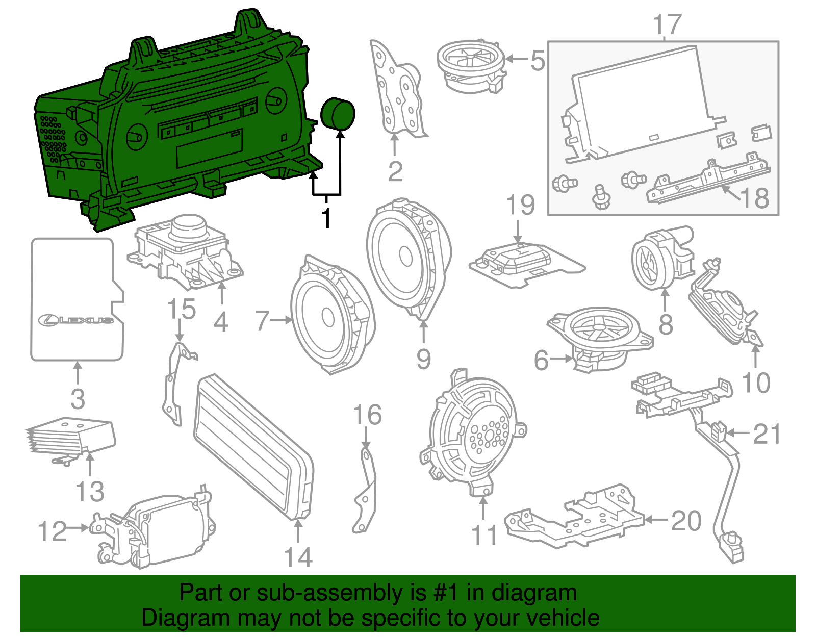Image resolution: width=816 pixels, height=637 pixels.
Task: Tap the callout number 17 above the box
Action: point(667,24)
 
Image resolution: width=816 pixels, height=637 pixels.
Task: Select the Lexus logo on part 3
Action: point(76,320)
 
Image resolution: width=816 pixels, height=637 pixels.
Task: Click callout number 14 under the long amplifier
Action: point(298,557)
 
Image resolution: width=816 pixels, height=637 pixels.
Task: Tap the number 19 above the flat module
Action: point(520,205)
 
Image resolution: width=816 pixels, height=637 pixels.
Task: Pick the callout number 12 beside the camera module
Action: point(53,531)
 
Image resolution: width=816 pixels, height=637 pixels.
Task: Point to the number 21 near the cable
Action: point(767,434)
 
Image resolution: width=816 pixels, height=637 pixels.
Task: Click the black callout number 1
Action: point(326,218)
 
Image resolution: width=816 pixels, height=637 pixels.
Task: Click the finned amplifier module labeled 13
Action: point(71,436)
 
